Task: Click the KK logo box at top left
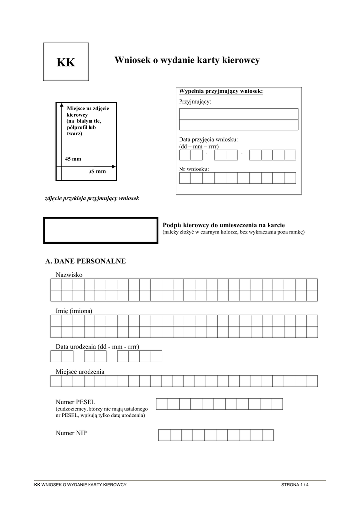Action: tap(66, 62)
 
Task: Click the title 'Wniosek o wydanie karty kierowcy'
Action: tap(187, 60)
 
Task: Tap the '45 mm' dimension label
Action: tap(73, 159)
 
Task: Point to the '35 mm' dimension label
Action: tap(97, 171)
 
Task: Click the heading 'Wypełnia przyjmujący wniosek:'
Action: tap(220, 92)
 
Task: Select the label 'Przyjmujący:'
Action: tap(195, 102)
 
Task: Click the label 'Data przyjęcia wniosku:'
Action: tap(208, 139)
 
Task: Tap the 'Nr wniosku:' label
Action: tap(194, 169)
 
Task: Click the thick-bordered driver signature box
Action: tap(101, 230)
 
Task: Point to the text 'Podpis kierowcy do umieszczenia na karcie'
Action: tap(224, 225)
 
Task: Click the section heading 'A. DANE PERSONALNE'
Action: tap(86, 261)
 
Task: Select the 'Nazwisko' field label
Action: tap(69, 275)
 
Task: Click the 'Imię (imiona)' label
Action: tap(74, 311)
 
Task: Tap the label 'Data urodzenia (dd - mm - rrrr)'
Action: tap(97, 346)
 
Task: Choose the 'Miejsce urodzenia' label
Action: tap(80, 371)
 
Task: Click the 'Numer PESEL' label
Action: tap(76, 401)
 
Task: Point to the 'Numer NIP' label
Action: tap(71, 433)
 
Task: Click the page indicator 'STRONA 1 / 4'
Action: tap(295, 484)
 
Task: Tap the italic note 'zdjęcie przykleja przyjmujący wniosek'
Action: tap(92, 198)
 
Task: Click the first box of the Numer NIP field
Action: tap(164, 435)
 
